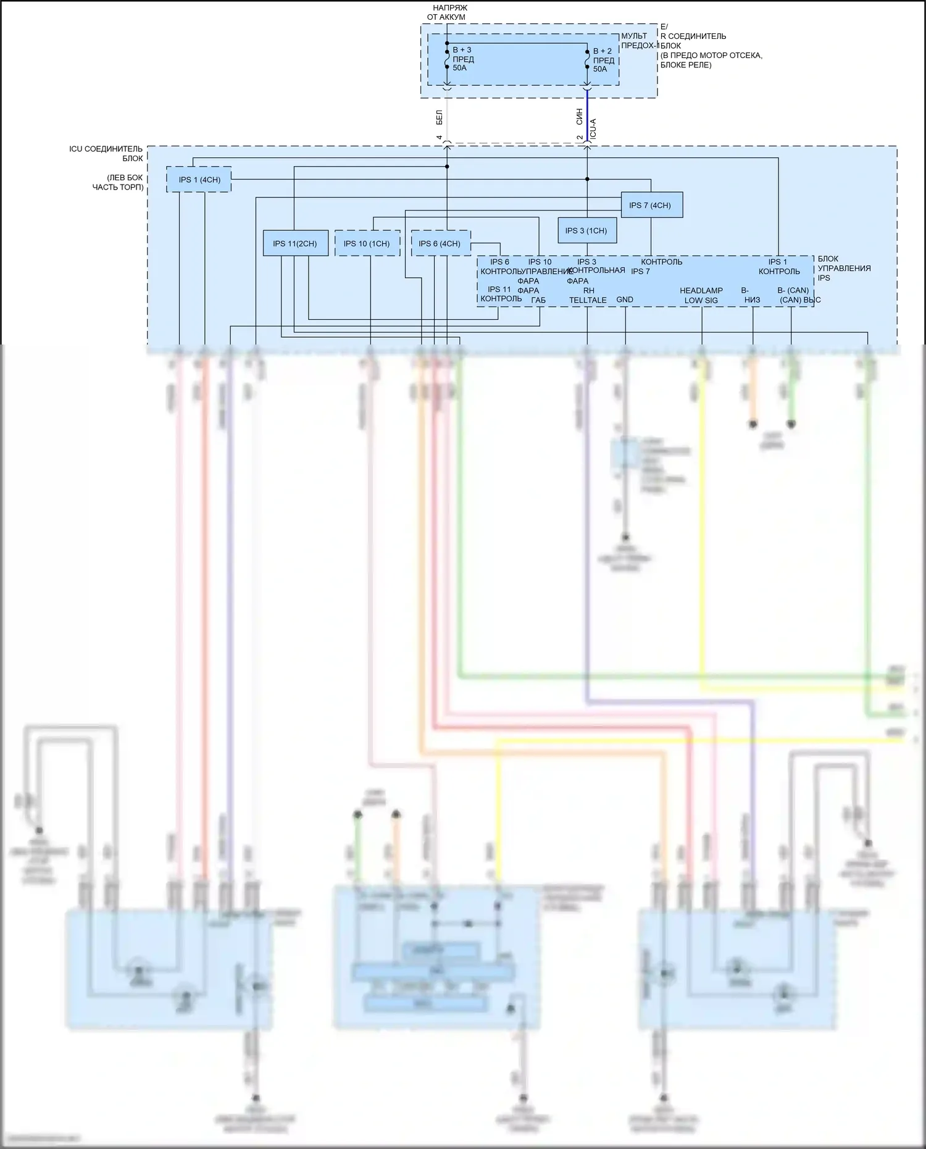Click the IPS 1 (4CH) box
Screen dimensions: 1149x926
199,180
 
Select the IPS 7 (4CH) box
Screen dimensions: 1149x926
651,205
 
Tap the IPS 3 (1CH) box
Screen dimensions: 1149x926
586,231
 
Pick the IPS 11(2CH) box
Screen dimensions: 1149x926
295,244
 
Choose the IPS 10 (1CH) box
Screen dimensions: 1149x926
367,244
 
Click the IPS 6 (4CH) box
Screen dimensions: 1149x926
440,244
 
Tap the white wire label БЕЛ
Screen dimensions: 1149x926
440,117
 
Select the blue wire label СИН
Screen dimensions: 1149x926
579,117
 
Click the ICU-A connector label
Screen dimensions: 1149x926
593,128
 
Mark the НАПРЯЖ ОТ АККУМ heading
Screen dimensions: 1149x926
446,12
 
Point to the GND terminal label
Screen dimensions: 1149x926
625,300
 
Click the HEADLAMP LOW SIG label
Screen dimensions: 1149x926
701,296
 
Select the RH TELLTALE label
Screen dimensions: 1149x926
588,296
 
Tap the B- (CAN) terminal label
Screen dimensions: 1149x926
793,291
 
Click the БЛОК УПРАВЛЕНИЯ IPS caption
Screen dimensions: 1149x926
844,269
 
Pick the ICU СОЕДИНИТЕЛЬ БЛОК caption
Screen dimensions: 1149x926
106,154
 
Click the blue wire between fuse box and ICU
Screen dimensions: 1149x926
587,117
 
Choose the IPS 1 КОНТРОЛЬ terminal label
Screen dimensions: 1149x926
778,267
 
